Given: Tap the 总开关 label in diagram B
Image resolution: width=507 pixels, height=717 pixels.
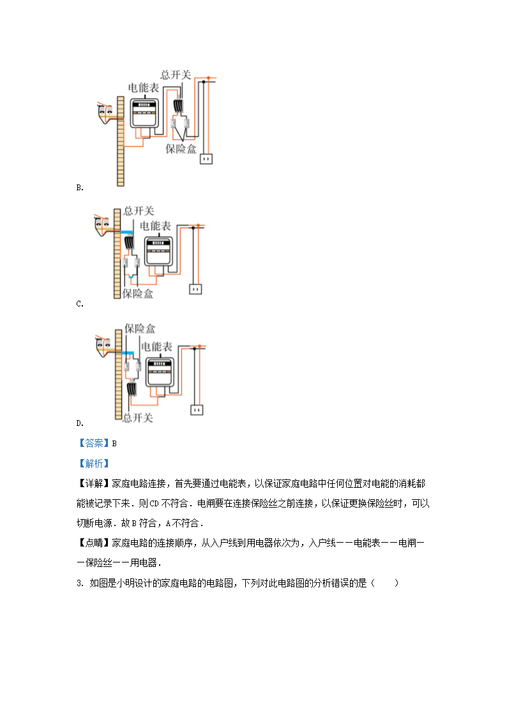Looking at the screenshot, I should pos(176,75).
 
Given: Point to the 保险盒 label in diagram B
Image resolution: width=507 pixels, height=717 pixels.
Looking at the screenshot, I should pos(181,149).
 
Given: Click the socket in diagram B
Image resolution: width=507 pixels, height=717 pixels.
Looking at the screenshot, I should pos(206,158).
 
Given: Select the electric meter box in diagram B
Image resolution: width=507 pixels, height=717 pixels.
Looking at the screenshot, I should pos(144,113).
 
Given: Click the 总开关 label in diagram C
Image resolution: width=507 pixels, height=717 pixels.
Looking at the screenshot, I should pos(139,211).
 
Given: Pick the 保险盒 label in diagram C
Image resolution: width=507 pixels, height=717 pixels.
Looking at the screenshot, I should pos(138,294).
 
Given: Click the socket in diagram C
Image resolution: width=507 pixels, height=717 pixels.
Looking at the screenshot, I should pos(195,289).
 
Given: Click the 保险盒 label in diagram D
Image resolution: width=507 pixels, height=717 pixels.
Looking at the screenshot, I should pos(140,329).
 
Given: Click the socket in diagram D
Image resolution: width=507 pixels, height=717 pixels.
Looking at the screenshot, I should pos(197,409).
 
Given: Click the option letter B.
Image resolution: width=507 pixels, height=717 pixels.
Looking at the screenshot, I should pos(79,188).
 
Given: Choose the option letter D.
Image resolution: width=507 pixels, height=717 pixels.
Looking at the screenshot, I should pos(79,423).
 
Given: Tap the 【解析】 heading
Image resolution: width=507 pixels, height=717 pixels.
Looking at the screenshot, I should pos(94,464).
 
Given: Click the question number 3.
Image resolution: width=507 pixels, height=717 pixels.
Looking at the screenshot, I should pos(79,583).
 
